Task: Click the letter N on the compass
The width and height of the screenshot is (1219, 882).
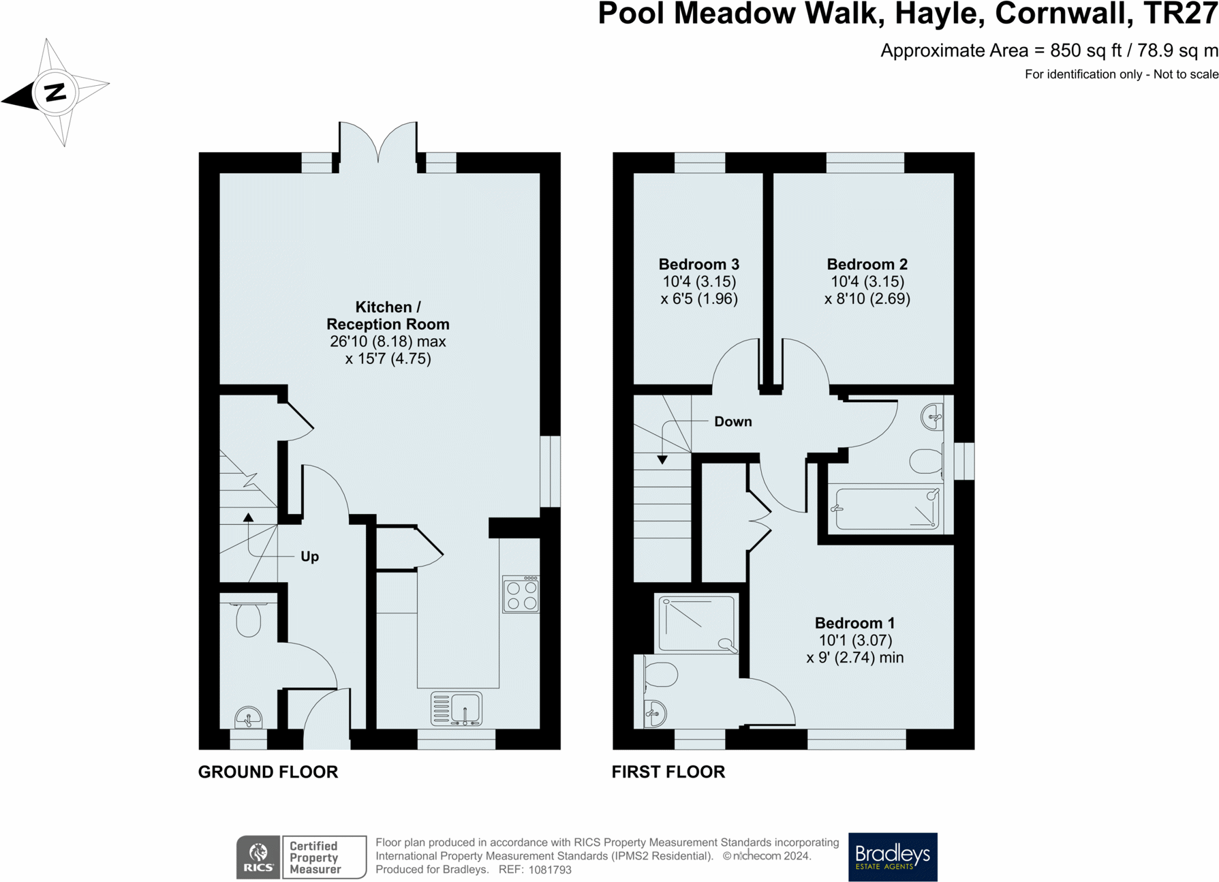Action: pos(55,92)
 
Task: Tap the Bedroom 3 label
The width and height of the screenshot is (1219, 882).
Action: pos(699,264)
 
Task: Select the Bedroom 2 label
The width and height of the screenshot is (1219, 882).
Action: pos(867,264)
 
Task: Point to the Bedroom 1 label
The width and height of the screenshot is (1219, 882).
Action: pos(854,623)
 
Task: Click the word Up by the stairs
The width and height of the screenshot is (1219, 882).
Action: pos(309,557)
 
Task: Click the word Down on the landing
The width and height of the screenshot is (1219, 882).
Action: pos(733,422)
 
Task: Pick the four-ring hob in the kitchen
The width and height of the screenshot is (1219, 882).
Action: pos(521,594)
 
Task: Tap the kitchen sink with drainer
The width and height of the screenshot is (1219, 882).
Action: pos(457,708)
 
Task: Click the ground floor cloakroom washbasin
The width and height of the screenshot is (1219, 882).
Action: pos(248,718)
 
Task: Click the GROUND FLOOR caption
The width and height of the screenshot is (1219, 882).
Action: pos(268,772)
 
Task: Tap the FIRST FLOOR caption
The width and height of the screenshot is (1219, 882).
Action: pos(668,772)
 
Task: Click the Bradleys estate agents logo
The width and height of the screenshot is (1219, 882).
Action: pos(893,857)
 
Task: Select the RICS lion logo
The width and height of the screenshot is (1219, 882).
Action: pos(258,857)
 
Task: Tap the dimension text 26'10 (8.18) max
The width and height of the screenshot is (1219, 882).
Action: pos(388,341)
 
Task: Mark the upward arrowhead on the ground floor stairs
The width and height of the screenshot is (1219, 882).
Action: pos(249,518)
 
